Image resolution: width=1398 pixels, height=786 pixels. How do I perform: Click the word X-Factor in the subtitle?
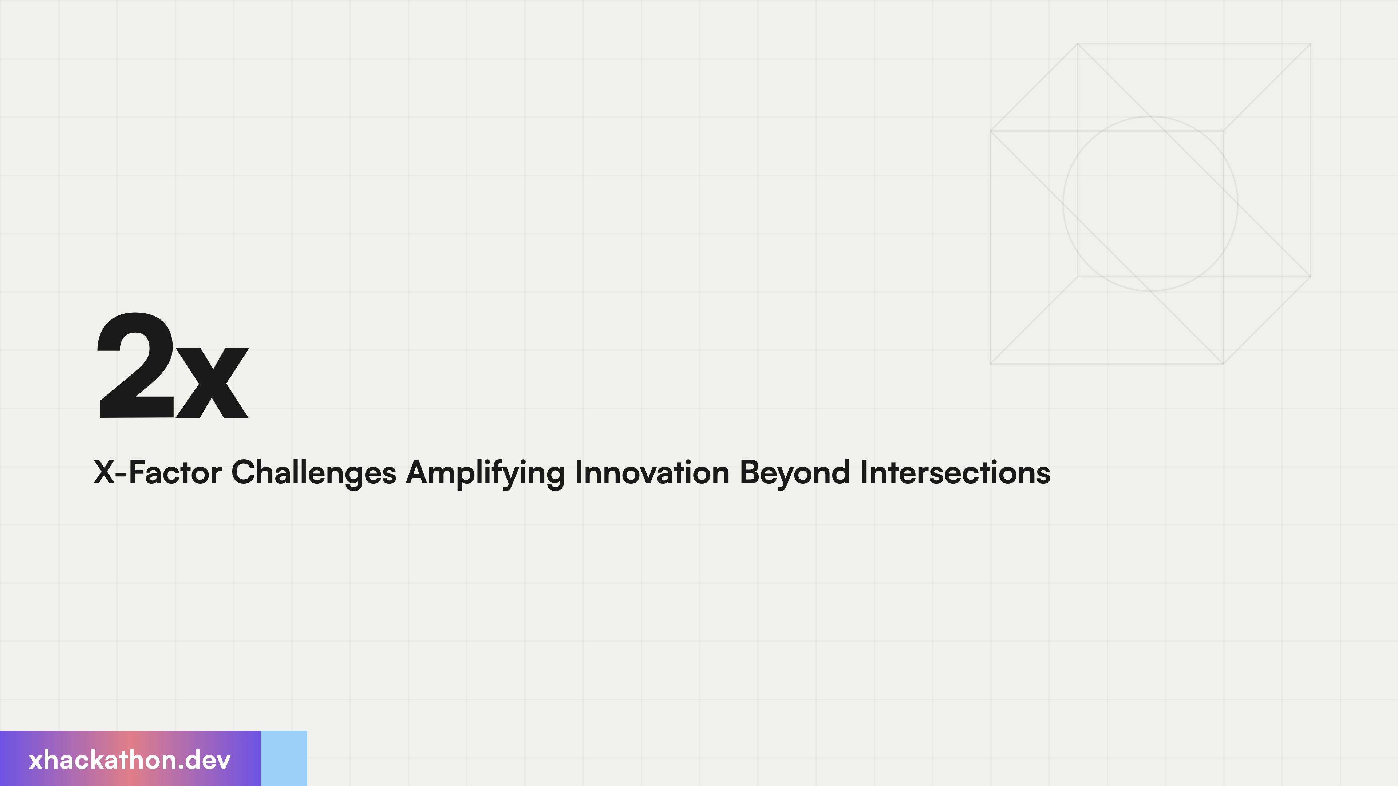pyautogui.click(x=157, y=472)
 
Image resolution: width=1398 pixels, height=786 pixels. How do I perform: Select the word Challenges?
pyautogui.click(x=314, y=472)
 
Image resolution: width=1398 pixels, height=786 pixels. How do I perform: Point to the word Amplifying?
pyautogui.click(x=485, y=472)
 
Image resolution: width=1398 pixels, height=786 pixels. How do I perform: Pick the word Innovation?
pyautogui.click(x=652, y=472)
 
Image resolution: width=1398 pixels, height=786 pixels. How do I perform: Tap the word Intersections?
pyautogui.click(x=955, y=472)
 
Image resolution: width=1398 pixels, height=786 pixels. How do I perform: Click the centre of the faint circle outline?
pyautogui.click(x=1150, y=204)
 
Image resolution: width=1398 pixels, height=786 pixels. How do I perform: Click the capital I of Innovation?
pyautogui.click(x=578, y=472)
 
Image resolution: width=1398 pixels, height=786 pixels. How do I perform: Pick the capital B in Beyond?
pyautogui.click(x=750, y=472)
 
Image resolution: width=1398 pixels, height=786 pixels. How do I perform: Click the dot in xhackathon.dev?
pyautogui.click(x=181, y=767)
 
